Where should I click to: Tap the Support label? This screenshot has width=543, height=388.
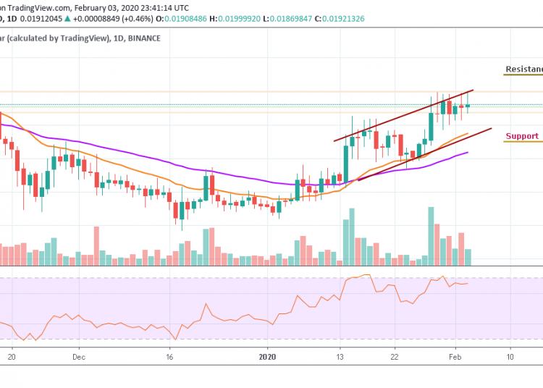coord(522,136)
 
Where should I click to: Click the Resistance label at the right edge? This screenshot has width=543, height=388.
coord(524,69)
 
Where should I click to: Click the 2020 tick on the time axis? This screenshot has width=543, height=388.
coord(268,356)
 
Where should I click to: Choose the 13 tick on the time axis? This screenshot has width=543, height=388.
coord(339,356)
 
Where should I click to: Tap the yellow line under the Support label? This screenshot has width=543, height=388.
coord(523,142)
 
